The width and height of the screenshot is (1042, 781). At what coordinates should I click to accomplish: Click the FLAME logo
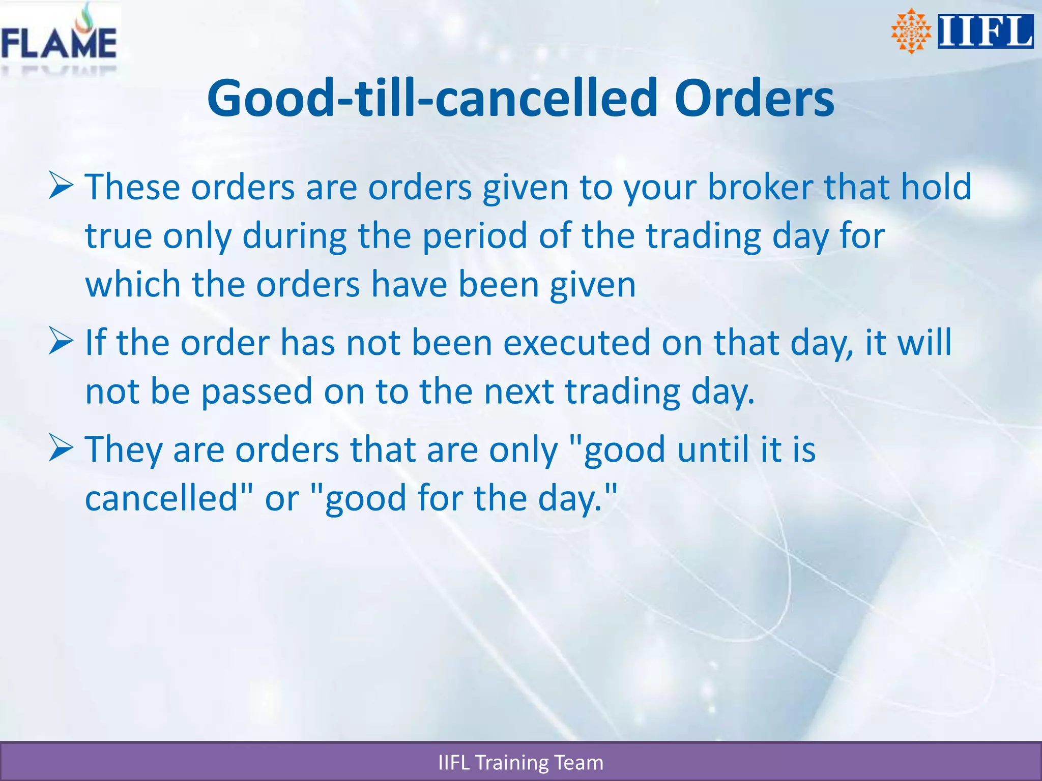click(x=59, y=38)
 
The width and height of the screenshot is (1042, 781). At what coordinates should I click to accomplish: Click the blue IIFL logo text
click(x=985, y=32)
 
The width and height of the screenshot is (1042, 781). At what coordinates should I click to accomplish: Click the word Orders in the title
click(x=754, y=98)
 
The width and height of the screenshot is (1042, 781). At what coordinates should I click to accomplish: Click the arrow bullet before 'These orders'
click(x=62, y=186)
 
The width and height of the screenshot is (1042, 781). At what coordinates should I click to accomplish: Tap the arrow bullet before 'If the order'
click(x=62, y=341)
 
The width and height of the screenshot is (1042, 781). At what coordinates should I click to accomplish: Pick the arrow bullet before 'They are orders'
click(x=62, y=448)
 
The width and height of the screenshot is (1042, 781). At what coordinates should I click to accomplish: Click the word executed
click(x=576, y=342)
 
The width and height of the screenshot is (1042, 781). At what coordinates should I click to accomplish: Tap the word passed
click(x=257, y=391)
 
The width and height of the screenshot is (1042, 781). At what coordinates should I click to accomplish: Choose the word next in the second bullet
click(x=518, y=391)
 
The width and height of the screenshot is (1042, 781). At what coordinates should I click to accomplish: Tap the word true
click(x=118, y=236)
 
